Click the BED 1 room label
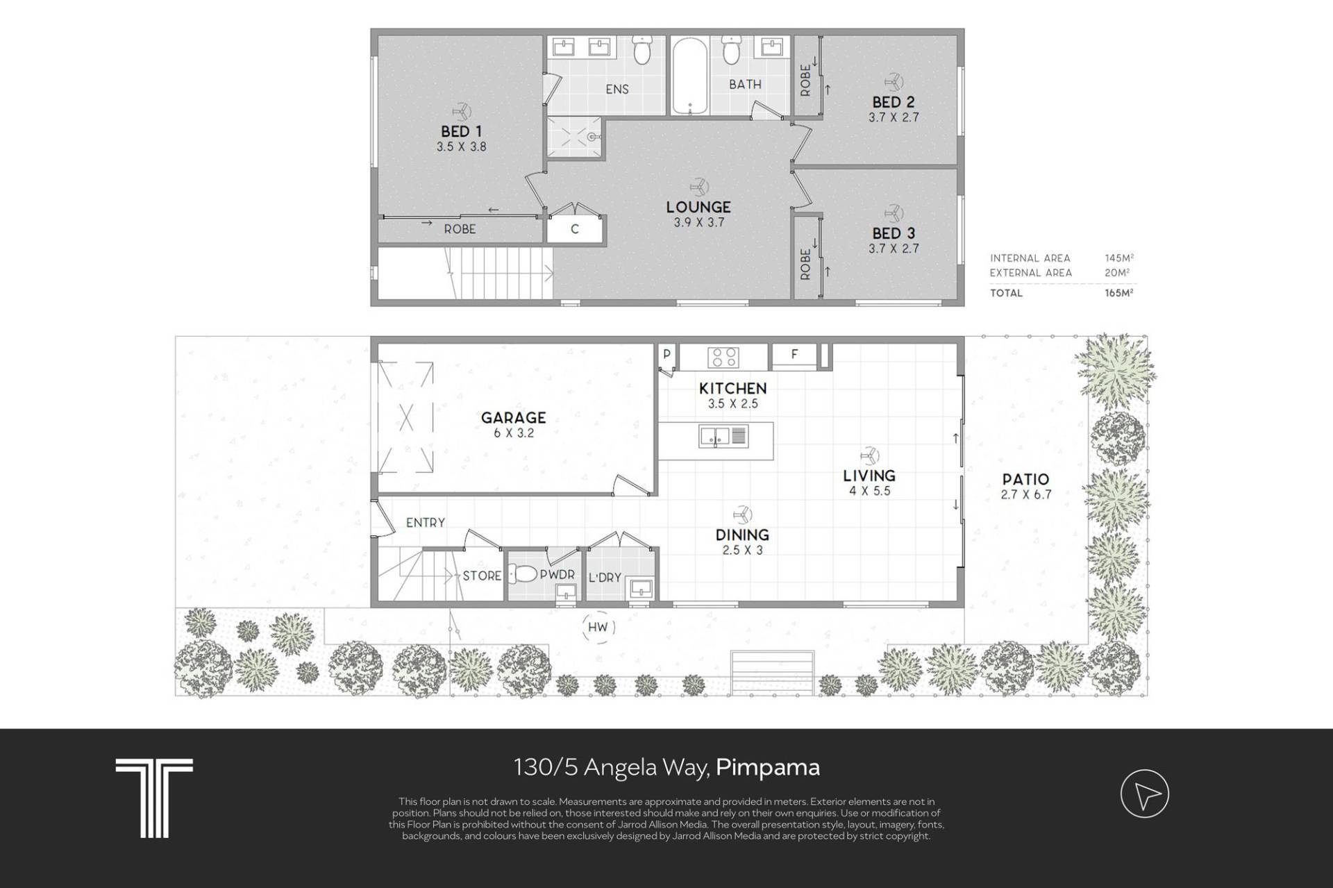pyautogui.click(x=461, y=131)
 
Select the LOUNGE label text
pyautogui.click(x=698, y=207)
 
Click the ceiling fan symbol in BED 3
pyautogui.click(x=893, y=212)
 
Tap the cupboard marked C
pyautogui.click(x=574, y=229)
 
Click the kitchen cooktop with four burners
pyautogui.click(x=723, y=358)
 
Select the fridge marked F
pyautogui.click(x=795, y=355)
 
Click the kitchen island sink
pyautogui.click(x=723, y=437)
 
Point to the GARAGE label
pyautogui.click(x=514, y=417)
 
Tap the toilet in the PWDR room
pyautogui.click(x=522, y=573)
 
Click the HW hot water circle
pyautogui.click(x=597, y=628)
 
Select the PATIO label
pyautogui.click(x=1025, y=479)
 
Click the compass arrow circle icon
pyautogui.click(x=1145, y=794)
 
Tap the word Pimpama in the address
pyautogui.click(x=768, y=768)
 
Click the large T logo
pyautogui.click(x=154, y=797)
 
